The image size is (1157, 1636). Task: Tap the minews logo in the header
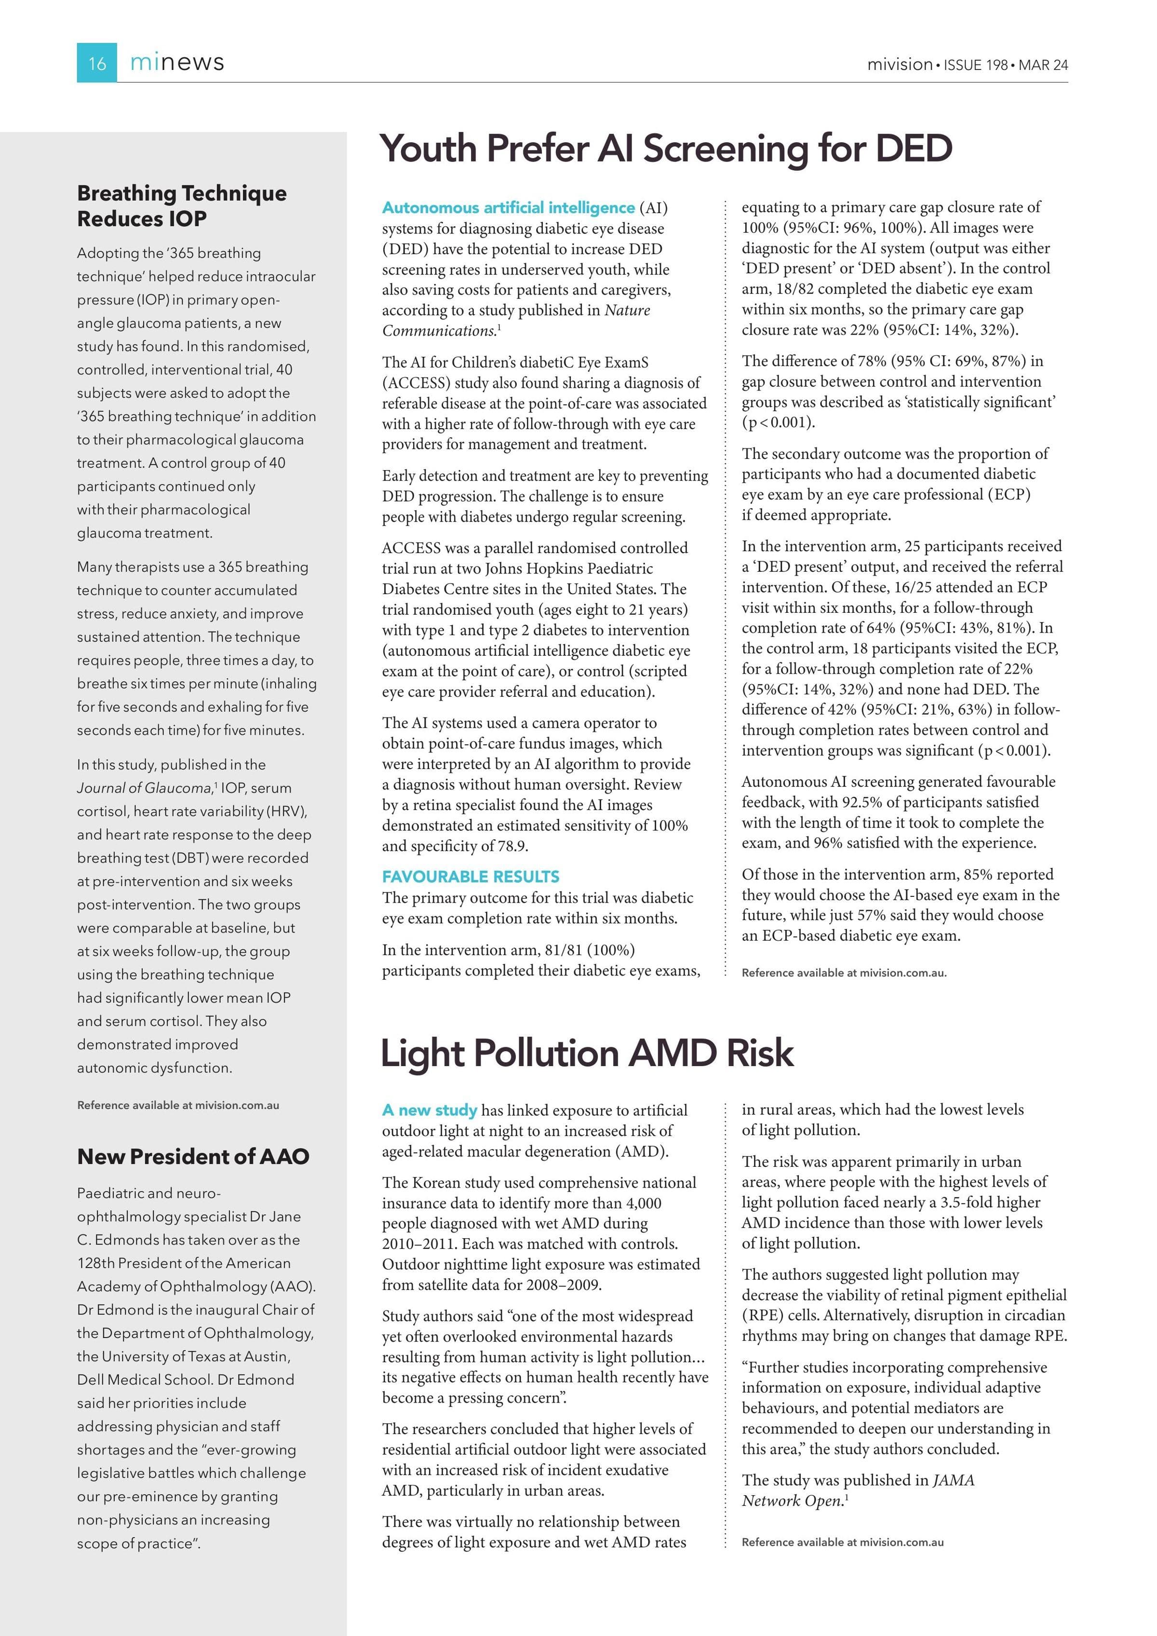177,63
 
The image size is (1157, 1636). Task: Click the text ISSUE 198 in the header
975,65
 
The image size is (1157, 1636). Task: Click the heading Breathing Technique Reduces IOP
182,206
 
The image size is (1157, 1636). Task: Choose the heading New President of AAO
193,1156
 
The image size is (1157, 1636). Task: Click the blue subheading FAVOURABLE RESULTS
470,877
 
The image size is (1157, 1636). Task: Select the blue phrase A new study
429,1110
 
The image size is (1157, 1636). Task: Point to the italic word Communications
439,331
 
